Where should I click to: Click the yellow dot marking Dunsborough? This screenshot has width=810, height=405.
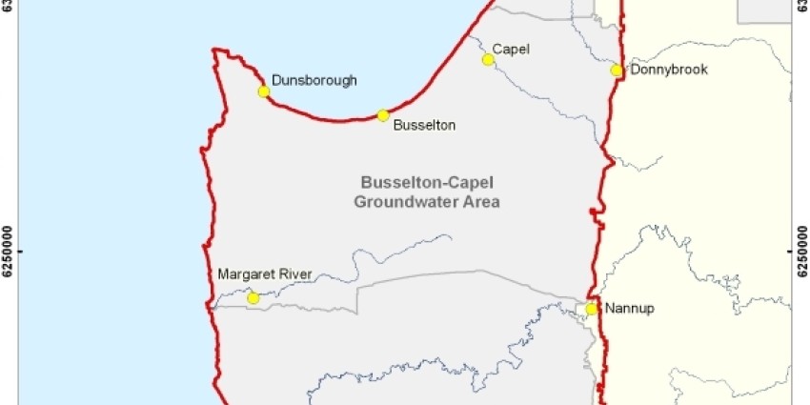[x=263, y=91]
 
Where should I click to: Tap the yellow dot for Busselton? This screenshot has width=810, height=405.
[x=383, y=115]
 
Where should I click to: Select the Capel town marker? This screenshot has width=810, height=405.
[x=488, y=59]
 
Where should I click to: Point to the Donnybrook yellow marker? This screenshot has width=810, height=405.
[x=617, y=71]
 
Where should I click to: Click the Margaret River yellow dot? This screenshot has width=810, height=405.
[x=253, y=298]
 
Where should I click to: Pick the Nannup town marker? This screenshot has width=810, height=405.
[x=592, y=309]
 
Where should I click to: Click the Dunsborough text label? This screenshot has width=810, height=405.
[x=314, y=81]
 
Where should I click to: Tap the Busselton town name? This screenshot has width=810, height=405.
[x=424, y=125]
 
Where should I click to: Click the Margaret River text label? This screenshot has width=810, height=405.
[x=265, y=273]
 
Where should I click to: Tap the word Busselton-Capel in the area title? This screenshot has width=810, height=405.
[x=428, y=183]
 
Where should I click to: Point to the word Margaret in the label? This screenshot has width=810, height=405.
[x=247, y=273]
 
